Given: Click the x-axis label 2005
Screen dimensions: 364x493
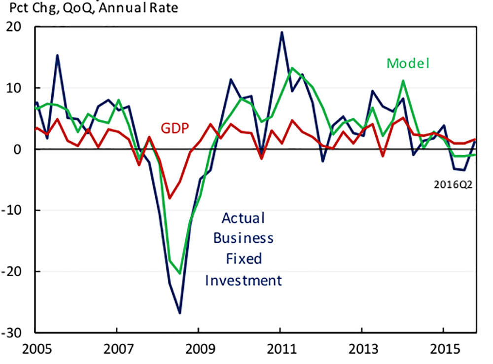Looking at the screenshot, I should [35, 348].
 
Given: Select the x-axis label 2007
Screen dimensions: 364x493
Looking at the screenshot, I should [117, 348].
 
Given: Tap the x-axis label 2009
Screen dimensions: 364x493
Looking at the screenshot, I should [199, 348].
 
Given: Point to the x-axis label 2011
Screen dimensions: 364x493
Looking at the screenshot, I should [280, 348].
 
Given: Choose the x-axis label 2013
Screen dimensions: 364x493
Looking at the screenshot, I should [362, 348].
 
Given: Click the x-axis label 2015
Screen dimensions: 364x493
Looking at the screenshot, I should [443, 348].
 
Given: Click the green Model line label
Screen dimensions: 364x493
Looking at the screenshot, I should [408, 63].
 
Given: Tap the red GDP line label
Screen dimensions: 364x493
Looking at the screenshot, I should [176, 129].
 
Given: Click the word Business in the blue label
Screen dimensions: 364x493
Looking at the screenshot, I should [243, 239].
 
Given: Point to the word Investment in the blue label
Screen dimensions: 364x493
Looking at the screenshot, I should [243, 281].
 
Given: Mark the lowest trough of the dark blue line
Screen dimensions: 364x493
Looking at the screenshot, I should [180, 313].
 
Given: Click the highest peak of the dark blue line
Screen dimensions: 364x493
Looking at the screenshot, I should [282, 33].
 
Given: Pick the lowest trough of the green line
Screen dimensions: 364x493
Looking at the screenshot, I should [180, 273].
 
